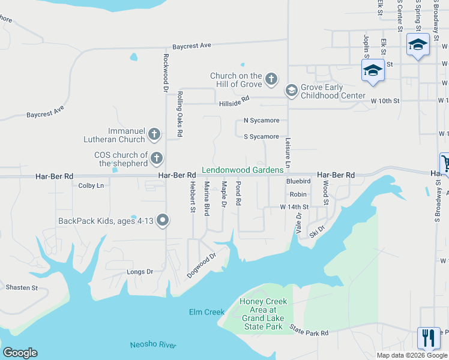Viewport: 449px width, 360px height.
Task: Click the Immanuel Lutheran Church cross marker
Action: point(154,134)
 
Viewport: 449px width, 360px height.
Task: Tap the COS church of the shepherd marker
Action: point(157,159)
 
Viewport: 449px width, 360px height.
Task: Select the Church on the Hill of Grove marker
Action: point(271,79)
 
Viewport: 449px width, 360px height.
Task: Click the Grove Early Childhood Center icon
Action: point(292,91)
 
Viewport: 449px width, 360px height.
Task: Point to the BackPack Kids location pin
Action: point(163,221)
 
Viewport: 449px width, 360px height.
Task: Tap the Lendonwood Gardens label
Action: point(243,170)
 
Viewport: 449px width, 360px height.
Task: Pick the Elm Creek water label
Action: point(206,312)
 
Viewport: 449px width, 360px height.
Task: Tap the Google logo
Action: point(20,353)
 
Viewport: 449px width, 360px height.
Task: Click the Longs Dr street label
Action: point(140,272)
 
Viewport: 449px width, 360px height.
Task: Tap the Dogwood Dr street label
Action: point(201,265)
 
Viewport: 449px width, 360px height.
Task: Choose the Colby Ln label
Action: point(91,186)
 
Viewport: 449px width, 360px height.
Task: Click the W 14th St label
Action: point(294,206)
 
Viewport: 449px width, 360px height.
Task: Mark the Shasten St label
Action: point(22,287)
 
